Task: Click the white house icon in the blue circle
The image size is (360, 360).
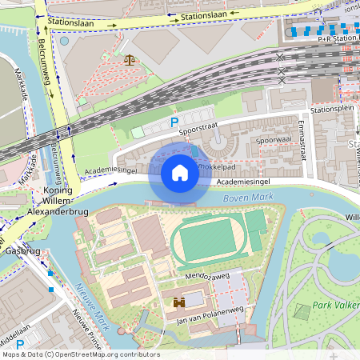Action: pos(179,173)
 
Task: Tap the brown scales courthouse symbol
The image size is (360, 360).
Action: pos(130,58)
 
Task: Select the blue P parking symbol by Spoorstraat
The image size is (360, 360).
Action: pos(174,122)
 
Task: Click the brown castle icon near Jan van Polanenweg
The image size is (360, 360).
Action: pos(180,302)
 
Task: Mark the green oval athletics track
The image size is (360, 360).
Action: pos(206,239)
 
